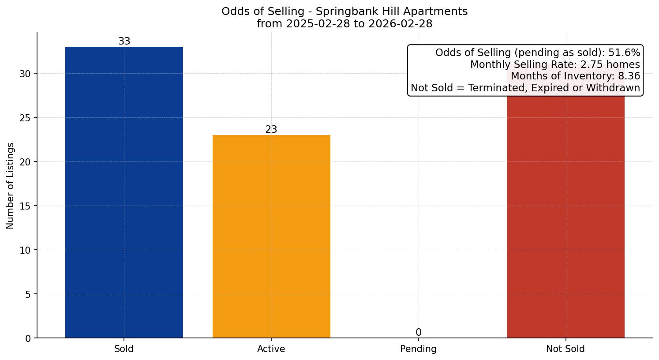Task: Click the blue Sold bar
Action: pyautogui.click(x=124, y=192)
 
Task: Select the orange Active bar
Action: pyautogui.click(x=271, y=236)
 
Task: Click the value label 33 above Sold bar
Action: pyautogui.click(x=124, y=41)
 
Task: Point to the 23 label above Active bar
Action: pyautogui.click(x=271, y=130)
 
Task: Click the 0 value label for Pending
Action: pyautogui.click(x=418, y=333)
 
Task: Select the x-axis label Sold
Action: pyautogui.click(x=124, y=349)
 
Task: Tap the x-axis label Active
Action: pyautogui.click(x=271, y=349)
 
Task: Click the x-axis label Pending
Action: pyautogui.click(x=418, y=349)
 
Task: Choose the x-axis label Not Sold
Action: pyautogui.click(x=565, y=349)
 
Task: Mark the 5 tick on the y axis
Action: pyautogui.click(x=28, y=294)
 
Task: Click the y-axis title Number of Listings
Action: pyautogui.click(x=11, y=185)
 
